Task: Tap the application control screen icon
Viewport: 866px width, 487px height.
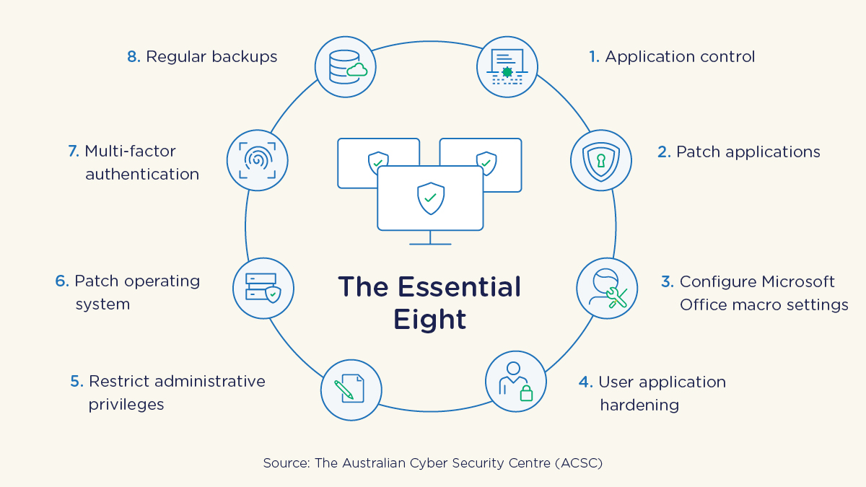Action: click(507, 67)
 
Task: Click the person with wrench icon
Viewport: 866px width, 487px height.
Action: click(607, 289)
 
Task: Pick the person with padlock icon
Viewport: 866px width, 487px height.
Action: click(517, 382)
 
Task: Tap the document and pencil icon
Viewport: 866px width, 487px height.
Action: click(351, 390)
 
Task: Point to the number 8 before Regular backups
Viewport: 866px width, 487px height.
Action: click(133, 57)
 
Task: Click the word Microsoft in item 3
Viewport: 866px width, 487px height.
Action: click(793, 281)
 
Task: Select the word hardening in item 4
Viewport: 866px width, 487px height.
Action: click(639, 405)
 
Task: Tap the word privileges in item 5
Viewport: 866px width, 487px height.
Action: click(126, 404)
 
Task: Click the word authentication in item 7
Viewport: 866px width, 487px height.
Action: click(142, 174)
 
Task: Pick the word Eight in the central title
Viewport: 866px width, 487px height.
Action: click(429, 319)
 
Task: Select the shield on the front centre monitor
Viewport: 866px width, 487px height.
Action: click(431, 196)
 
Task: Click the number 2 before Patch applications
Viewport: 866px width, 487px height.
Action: click(663, 152)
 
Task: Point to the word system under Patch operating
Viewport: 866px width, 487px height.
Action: click(102, 304)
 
